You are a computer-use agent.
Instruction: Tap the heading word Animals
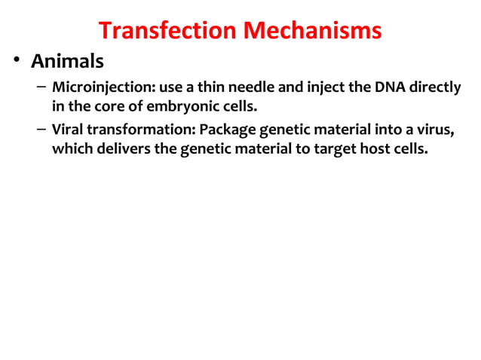[x=66, y=61]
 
